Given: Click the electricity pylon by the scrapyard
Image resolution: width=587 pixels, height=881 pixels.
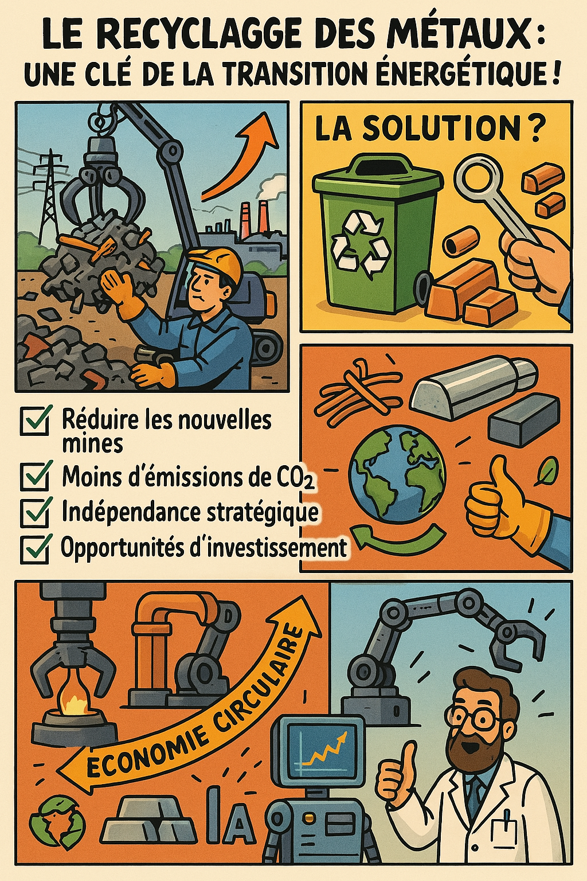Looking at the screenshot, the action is pos(48,193).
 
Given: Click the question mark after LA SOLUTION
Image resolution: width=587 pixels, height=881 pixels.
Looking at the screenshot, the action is pos(534,130).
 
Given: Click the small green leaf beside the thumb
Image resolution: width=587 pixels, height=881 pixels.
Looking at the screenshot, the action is pos(548,471).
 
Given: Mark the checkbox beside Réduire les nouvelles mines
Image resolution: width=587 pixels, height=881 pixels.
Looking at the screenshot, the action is pos(36,420).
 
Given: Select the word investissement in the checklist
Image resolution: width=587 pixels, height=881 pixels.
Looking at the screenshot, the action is pos(277,547).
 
